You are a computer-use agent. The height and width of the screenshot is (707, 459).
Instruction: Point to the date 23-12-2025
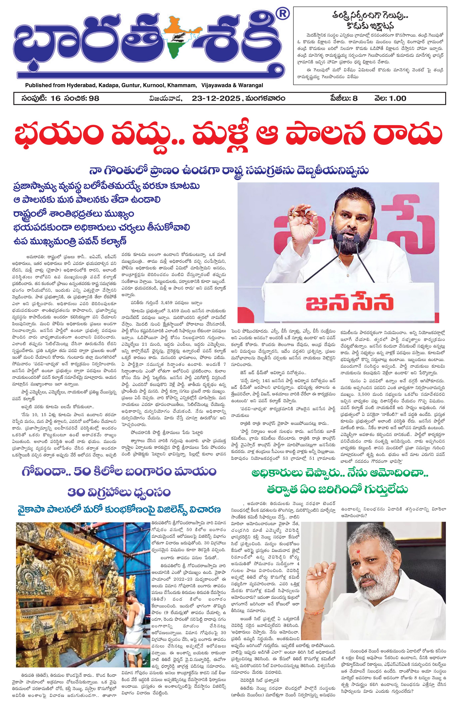(x=216, y=98)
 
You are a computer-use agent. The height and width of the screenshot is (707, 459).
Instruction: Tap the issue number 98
(x=94, y=98)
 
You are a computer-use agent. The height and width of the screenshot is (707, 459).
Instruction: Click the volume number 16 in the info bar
(x=56, y=98)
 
